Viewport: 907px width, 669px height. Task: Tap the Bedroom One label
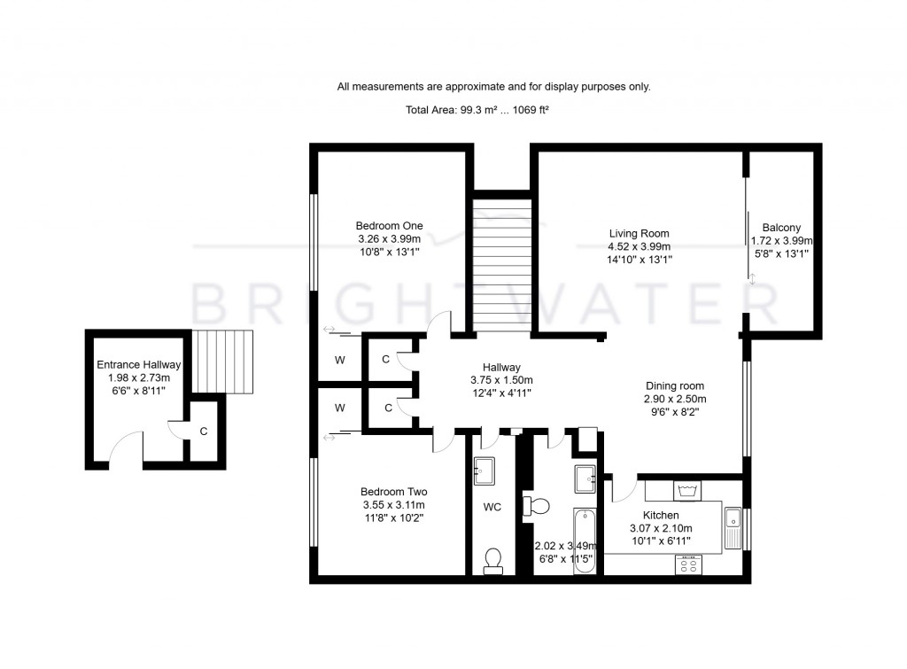[x=389, y=226]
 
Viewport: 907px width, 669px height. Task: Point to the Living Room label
[x=638, y=234]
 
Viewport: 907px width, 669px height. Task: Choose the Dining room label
[x=674, y=386]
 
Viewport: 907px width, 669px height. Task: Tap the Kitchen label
[x=661, y=515]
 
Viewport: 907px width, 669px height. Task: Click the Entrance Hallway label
[x=138, y=364]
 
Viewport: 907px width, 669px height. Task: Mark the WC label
[x=492, y=508]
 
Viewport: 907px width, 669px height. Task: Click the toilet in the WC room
[x=493, y=560]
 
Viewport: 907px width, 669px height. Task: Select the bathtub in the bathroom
[x=585, y=541]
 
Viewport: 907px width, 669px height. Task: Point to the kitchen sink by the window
[x=733, y=527]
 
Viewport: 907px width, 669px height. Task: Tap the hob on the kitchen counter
[x=689, y=564]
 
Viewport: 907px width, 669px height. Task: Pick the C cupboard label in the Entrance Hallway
[x=203, y=432]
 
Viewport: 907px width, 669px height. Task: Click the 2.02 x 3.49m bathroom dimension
[x=563, y=548]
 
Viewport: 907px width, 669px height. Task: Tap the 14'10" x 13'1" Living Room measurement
[x=640, y=260]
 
